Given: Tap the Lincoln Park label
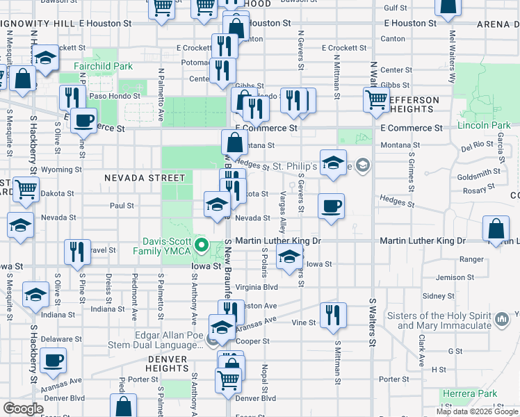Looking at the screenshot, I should coord(484,126).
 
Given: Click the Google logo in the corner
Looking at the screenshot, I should coord(23,409).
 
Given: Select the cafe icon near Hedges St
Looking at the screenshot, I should coord(331,206).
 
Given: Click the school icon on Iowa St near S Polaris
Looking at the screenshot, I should coord(289,257).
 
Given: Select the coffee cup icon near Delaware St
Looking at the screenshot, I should coord(53,361).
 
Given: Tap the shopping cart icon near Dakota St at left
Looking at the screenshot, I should coord(26,188).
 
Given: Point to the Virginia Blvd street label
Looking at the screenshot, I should coord(257,286).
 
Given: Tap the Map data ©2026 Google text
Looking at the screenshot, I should coord(476,411).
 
